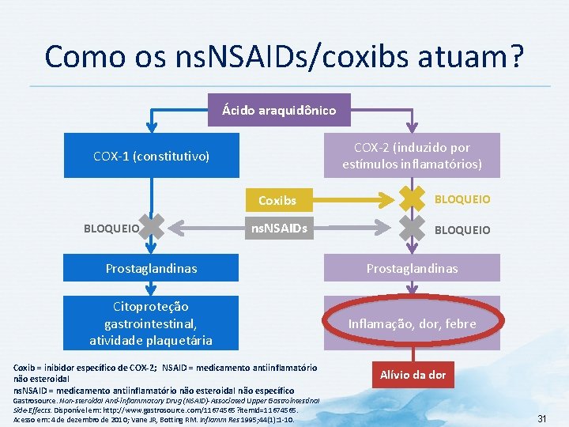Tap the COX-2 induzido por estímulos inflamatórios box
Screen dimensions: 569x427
[x=412, y=156]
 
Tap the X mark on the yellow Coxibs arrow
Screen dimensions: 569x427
[x=412, y=198]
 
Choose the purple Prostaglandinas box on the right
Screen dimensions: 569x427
[x=412, y=269]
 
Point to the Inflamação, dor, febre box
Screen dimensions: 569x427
[x=412, y=323]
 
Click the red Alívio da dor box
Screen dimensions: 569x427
[x=413, y=375]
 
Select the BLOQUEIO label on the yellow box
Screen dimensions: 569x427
[x=462, y=199]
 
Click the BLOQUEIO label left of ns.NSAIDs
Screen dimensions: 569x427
[x=111, y=229]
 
